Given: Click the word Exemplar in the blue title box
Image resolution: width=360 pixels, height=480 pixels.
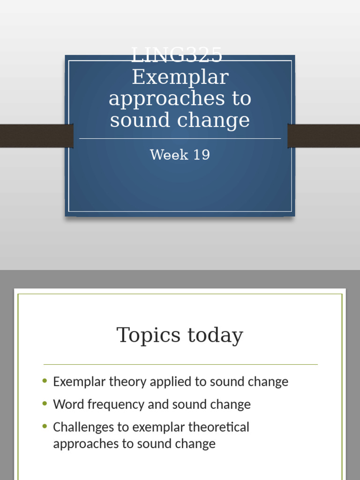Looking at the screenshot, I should point(180,77).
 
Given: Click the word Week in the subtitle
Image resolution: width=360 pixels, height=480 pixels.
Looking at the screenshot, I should point(167,155).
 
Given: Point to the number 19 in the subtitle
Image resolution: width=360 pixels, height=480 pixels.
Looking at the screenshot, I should point(201,155).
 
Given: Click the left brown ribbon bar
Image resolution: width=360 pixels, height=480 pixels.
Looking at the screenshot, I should point(36,136).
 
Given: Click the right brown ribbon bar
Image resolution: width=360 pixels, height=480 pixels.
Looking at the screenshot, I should point(324,136).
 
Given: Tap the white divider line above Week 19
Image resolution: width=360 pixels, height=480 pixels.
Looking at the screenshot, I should point(180,139).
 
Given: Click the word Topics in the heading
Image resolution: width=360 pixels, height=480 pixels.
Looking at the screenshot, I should point(149,336).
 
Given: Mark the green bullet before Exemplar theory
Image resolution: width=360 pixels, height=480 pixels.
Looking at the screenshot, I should point(45,381).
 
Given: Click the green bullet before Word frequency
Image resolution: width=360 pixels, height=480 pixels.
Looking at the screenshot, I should point(45,404).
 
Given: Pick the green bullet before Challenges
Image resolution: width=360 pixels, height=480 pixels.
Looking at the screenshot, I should point(45,427).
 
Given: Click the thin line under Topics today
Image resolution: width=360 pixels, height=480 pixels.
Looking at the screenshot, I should point(180,364).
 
